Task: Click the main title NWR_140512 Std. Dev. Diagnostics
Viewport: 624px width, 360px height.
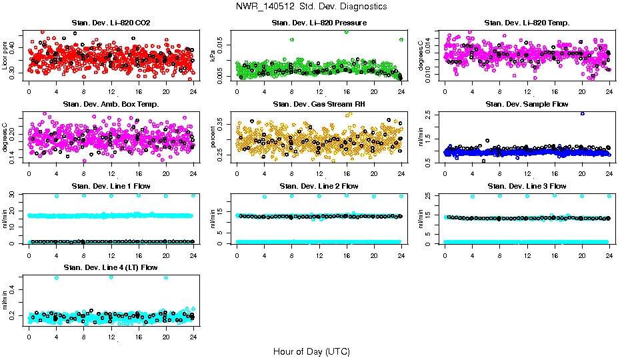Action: coord(311,7)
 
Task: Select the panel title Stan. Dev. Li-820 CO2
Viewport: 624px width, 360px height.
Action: coord(111,23)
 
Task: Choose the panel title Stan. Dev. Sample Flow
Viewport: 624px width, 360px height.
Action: coord(527,104)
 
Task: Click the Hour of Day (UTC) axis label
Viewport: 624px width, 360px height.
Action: coord(311,351)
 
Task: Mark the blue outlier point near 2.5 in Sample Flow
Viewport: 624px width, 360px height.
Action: coord(582,113)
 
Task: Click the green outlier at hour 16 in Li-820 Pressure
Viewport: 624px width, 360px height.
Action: coord(347,32)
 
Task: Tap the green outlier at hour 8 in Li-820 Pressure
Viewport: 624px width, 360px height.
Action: coord(292,40)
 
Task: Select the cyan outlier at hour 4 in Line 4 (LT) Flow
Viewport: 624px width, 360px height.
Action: coord(57,277)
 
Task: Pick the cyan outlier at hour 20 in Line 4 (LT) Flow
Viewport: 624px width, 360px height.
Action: coord(166,277)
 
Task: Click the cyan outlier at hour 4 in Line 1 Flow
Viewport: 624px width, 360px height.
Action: coord(57,196)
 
